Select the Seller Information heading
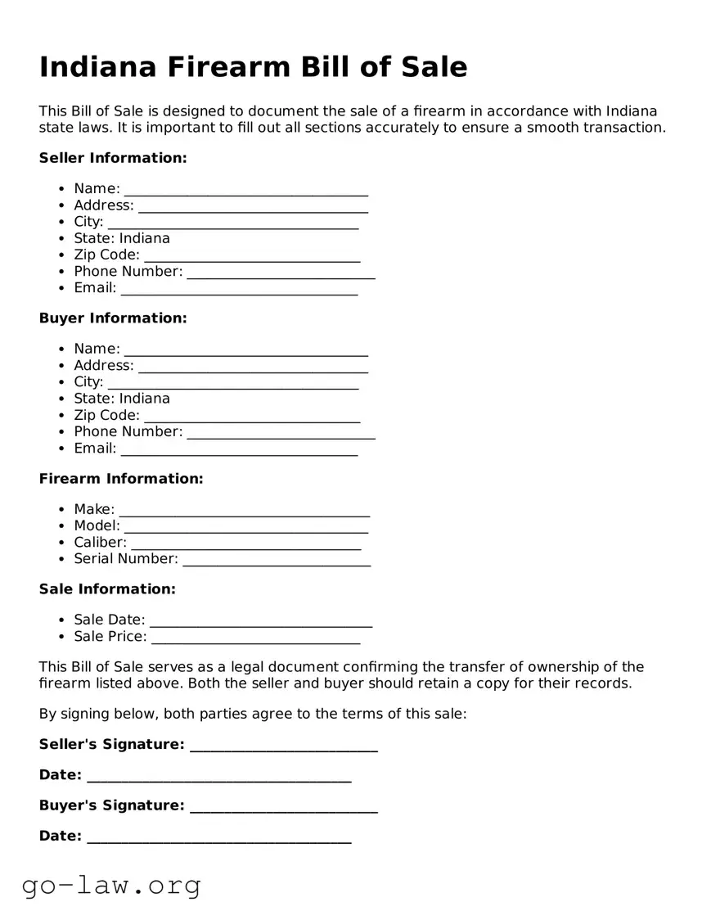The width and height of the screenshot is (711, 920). (113, 158)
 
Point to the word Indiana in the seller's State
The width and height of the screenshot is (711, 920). (145, 238)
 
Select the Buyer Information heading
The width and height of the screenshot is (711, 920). (113, 318)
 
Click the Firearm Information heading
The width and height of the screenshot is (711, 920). (121, 479)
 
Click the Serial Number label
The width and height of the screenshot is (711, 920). (125, 559)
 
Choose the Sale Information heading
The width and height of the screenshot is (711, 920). (107, 589)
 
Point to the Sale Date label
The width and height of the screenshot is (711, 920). (109, 620)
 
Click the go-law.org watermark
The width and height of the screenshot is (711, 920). (111, 885)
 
